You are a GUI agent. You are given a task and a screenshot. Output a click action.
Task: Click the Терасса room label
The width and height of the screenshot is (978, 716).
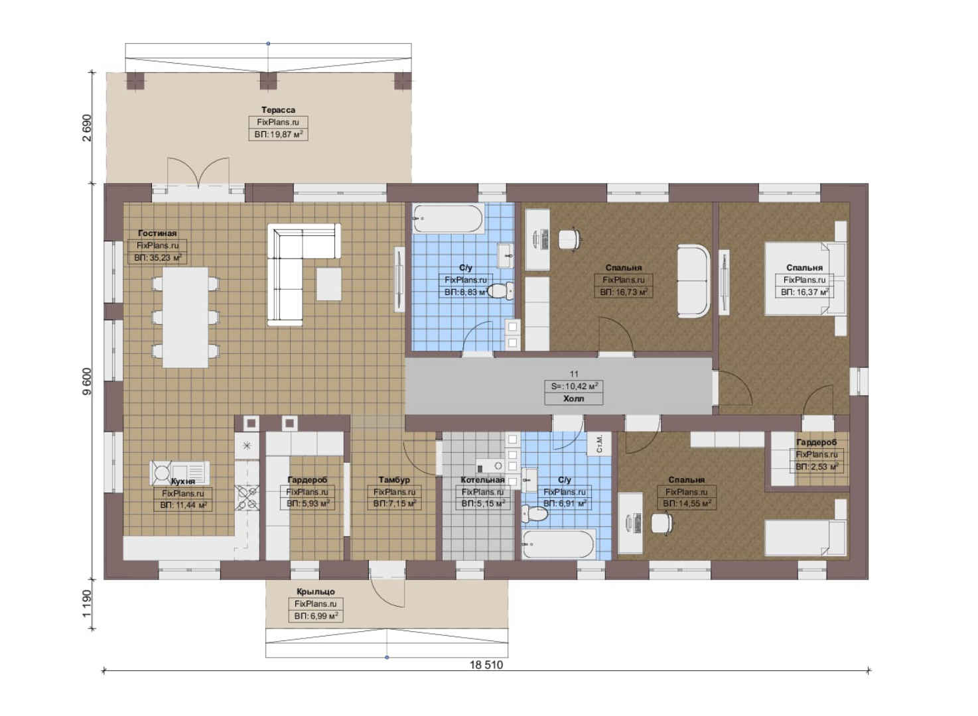pyautogui.click(x=278, y=110)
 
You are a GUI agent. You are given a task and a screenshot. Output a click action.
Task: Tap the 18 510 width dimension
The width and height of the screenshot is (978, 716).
pyautogui.click(x=486, y=665)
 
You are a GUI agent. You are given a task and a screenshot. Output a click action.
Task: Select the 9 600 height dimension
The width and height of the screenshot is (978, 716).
pyautogui.click(x=88, y=382)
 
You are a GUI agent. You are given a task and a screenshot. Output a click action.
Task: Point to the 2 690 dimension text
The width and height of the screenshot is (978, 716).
pyautogui.click(x=88, y=128)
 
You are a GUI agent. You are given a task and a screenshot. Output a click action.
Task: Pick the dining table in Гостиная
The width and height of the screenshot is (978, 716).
pyautogui.click(x=186, y=317)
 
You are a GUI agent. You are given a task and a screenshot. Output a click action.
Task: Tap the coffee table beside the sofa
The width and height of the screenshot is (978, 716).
pyautogui.click(x=329, y=284)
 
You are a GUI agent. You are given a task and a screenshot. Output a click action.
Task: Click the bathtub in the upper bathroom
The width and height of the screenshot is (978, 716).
pyautogui.click(x=448, y=219)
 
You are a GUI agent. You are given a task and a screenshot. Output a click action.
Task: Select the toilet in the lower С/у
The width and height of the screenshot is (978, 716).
pyautogui.click(x=534, y=513)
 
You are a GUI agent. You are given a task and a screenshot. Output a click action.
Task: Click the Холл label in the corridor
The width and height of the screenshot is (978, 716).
pyautogui.click(x=574, y=398)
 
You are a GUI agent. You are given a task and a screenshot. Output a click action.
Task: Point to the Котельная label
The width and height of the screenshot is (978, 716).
pyautogui.click(x=482, y=479)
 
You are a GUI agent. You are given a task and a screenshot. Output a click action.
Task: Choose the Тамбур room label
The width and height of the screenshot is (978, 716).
pyautogui.click(x=394, y=479)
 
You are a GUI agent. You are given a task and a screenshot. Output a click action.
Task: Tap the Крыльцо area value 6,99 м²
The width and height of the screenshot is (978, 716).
pyautogui.click(x=316, y=616)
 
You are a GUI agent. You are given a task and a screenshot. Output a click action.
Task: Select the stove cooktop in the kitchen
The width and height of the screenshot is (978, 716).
pyautogui.click(x=247, y=499)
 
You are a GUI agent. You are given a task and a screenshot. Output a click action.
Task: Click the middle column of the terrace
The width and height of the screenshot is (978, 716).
pyautogui.click(x=269, y=81)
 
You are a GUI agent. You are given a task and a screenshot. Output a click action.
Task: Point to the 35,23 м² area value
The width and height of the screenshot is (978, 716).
pyautogui.click(x=158, y=258)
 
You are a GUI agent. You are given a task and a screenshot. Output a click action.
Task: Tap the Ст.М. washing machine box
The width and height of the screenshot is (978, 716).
pyautogui.click(x=598, y=444)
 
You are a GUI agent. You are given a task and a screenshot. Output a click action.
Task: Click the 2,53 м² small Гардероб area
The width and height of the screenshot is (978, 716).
pyautogui.click(x=817, y=467)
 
